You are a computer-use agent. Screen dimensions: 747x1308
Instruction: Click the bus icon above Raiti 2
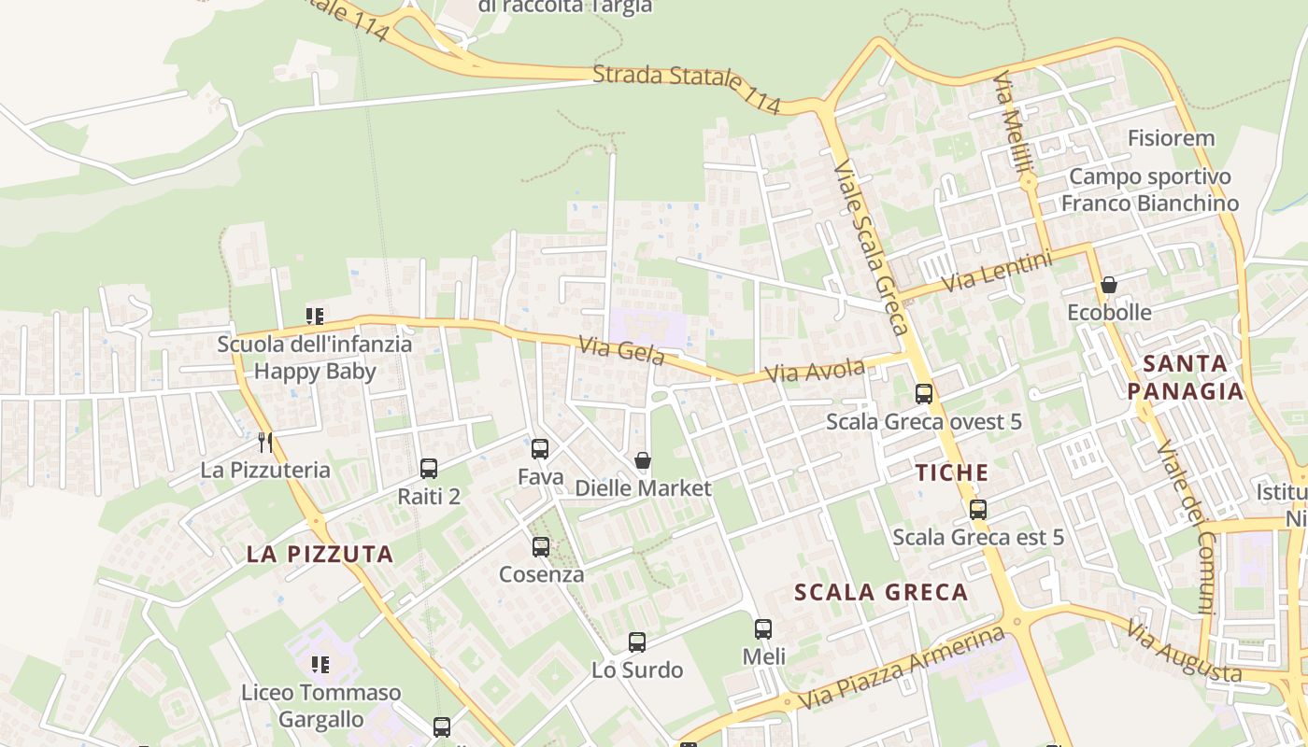click(x=429, y=469)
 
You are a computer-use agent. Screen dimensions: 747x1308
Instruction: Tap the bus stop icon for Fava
click(x=540, y=449)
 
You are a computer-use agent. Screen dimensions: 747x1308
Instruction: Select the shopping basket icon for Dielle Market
click(x=643, y=460)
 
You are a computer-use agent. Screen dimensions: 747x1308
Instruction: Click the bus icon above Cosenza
click(x=541, y=547)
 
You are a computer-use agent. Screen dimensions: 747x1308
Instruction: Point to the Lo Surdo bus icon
click(x=637, y=642)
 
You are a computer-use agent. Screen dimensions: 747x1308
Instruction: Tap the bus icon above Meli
click(x=763, y=629)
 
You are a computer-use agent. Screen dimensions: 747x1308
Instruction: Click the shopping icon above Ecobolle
click(x=1109, y=285)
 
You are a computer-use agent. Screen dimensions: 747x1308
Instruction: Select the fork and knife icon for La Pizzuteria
click(x=266, y=442)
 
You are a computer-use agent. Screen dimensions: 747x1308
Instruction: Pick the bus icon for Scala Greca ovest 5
click(x=924, y=394)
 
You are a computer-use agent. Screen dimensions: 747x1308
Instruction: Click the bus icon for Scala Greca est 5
click(x=978, y=510)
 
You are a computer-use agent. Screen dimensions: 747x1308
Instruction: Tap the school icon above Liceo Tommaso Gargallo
click(x=320, y=665)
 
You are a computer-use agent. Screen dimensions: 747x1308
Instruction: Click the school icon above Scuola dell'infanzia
click(x=315, y=317)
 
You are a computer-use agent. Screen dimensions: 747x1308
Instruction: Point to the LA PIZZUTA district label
click(x=320, y=554)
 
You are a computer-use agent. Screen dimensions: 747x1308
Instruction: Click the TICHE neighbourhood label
click(x=952, y=472)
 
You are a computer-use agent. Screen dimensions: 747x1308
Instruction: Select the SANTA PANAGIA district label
click(x=1186, y=376)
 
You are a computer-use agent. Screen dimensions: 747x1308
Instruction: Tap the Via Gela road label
click(x=621, y=351)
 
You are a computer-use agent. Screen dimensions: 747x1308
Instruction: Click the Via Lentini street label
click(x=997, y=271)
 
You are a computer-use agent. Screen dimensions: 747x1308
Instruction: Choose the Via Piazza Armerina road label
click(x=903, y=669)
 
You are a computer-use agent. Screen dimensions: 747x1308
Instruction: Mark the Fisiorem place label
click(x=1171, y=138)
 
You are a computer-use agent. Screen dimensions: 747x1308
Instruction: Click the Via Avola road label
click(x=815, y=371)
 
